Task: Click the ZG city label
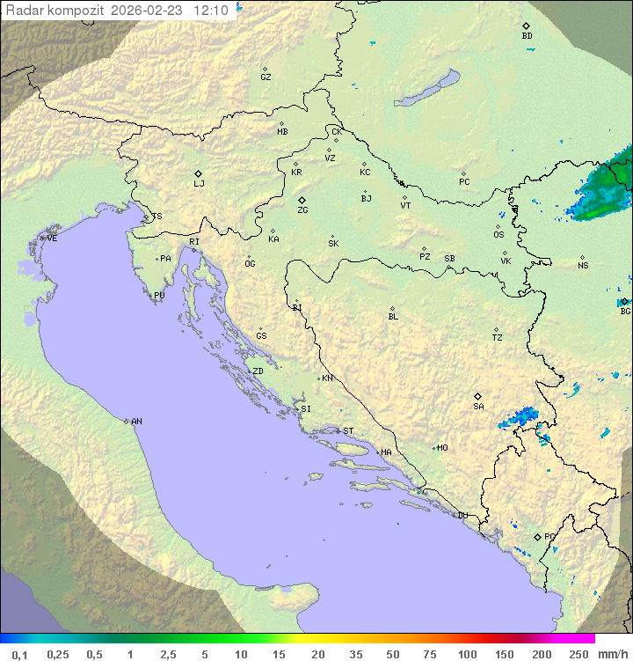coord(302,210)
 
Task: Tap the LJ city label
coord(199,183)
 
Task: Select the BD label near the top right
coord(527,36)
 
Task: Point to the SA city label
coord(478,406)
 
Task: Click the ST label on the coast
coord(348,431)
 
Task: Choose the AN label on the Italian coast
coord(136,422)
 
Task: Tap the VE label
coord(52,239)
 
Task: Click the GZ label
coord(266,77)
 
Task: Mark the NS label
coord(583,266)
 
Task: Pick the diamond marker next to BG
coord(624,301)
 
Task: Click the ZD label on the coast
coord(258,371)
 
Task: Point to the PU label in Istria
coord(159,296)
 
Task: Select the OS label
coord(498,235)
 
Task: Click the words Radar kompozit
coord(55,11)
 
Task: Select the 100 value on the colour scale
coord(467,654)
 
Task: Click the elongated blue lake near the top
coord(427,89)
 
